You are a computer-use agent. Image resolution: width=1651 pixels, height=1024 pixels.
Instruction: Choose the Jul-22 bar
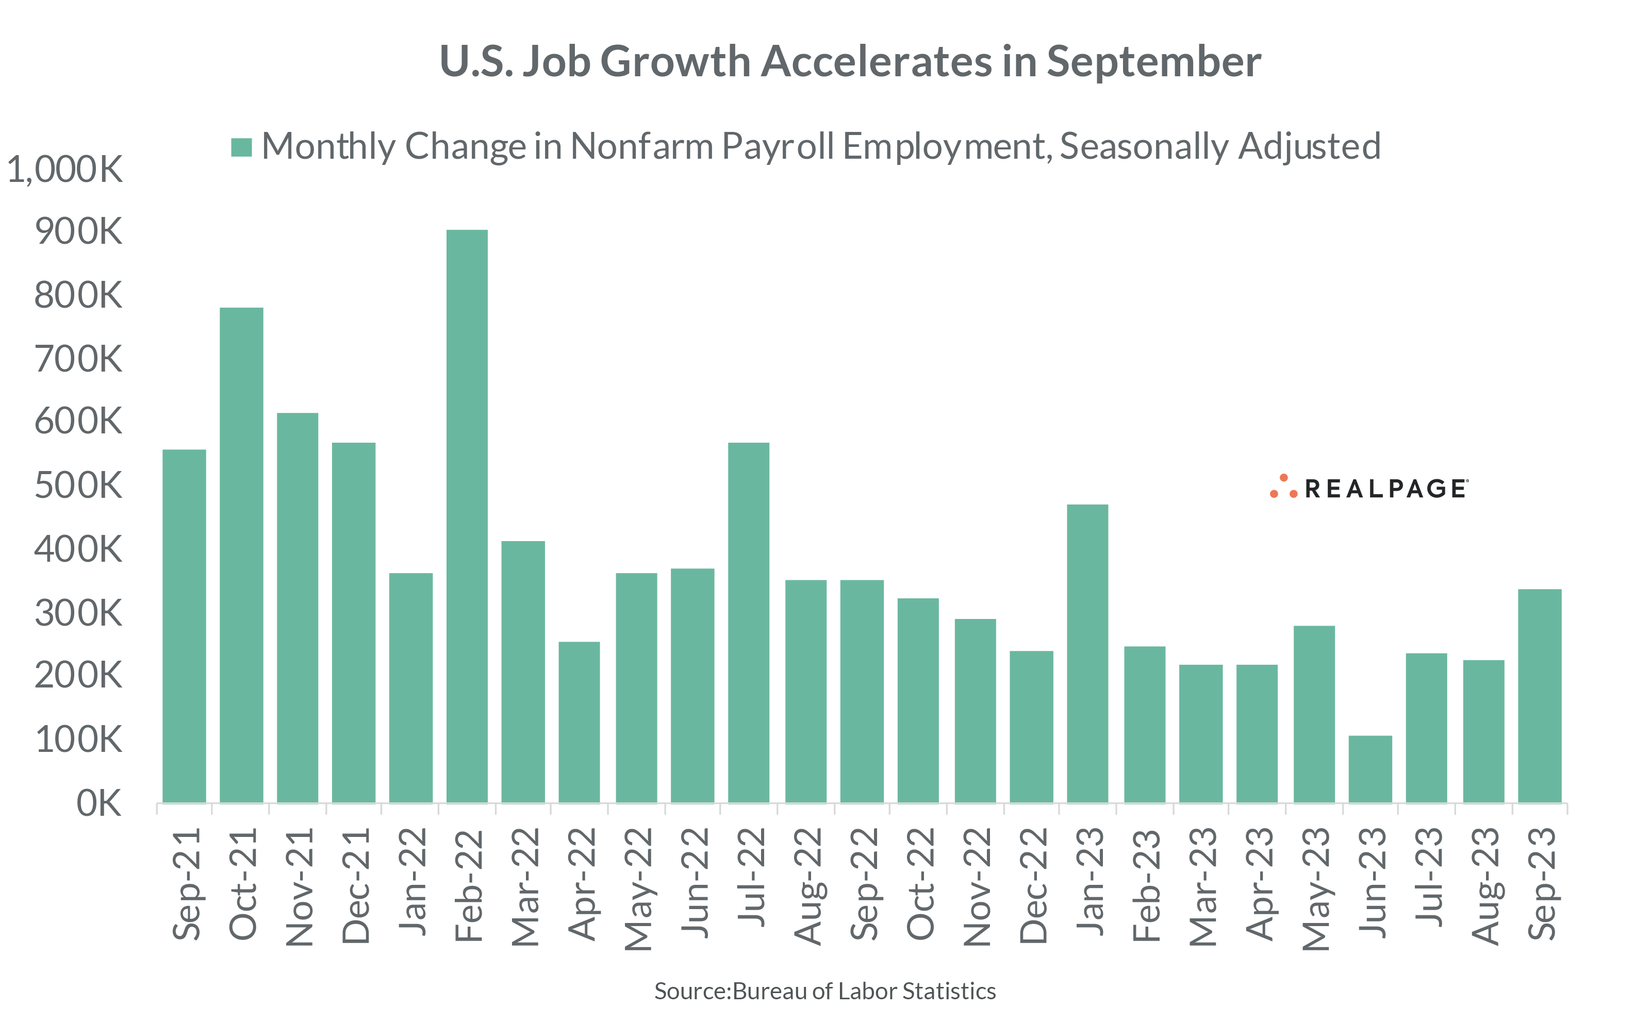(x=749, y=623)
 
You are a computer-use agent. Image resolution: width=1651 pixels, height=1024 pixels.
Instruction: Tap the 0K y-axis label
(x=99, y=803)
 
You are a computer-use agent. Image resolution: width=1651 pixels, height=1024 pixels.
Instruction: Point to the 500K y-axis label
(x=78, y=485)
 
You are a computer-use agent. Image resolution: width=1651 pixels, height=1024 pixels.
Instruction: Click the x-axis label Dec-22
(x=1032, y=885)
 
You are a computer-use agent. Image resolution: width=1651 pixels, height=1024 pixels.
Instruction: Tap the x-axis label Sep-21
(x=186, y=884)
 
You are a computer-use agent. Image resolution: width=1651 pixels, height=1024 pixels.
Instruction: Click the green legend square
(x=241, y=147)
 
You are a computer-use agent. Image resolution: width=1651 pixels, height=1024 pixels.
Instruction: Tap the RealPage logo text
(x=1385, y=489)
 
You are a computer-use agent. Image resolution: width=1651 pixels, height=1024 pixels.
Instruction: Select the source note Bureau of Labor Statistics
(x=864, y=991)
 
